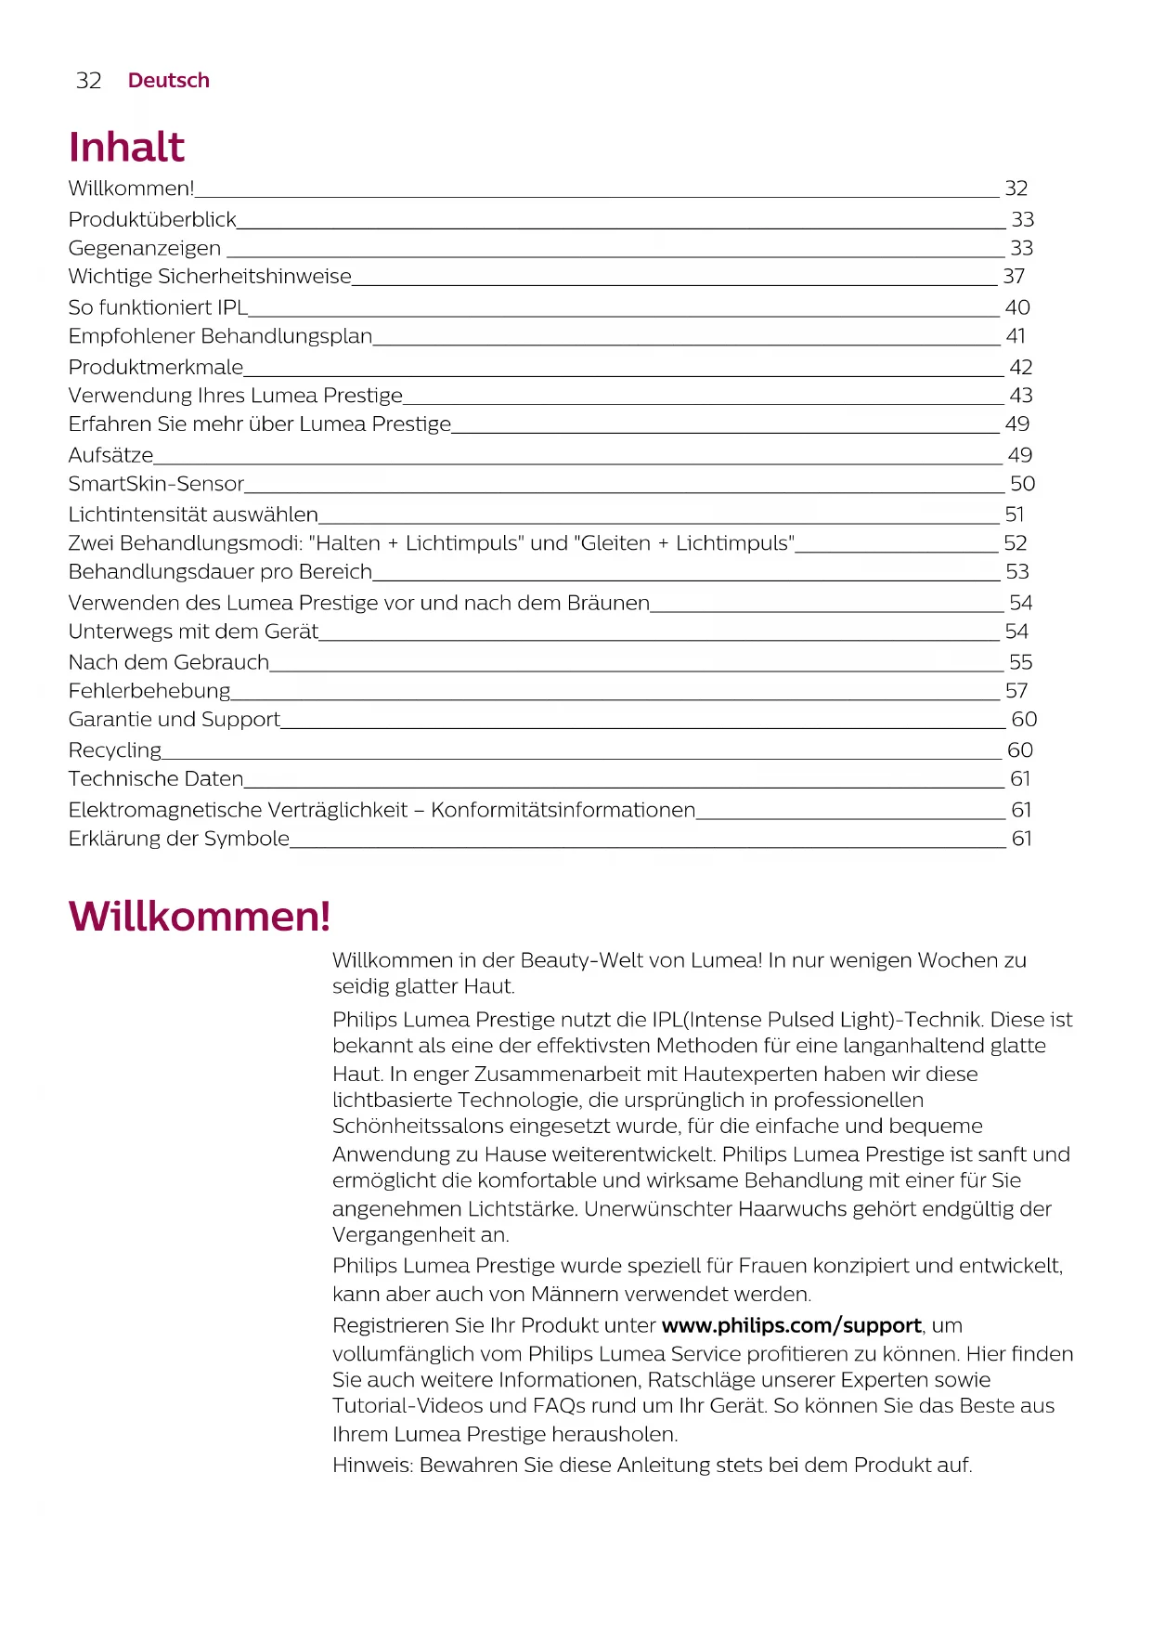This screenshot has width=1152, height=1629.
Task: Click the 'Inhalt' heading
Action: [126, 148]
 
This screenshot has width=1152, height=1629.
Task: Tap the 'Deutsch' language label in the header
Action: [168, 81]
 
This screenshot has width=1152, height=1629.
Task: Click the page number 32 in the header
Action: [88, 81]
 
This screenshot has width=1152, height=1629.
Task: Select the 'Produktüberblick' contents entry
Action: [152, 220]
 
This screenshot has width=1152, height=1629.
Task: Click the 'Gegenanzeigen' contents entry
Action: [145, 249]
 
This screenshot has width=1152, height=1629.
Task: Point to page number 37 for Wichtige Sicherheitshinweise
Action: [1014, 277]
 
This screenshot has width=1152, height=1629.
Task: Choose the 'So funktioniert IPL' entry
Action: [158, 307]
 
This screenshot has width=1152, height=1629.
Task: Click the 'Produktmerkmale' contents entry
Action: [156, 368]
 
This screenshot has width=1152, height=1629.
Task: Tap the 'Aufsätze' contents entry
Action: [110, 455]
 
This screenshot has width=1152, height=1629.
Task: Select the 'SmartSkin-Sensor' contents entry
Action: [156, 484]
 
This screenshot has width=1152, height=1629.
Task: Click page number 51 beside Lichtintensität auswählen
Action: [1014, 515]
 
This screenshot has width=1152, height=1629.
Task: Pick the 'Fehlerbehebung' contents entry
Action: [149, 691]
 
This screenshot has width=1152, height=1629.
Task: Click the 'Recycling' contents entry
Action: [115, 750]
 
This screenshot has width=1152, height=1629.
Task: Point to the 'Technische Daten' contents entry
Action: [156, 779]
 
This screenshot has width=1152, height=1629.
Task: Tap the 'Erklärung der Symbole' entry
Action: [179, 839]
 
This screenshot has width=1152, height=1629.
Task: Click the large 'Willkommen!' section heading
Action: [200, 917]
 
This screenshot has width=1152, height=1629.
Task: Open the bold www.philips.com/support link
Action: [791, 1326]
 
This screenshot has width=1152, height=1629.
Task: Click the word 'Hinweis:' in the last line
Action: [372, 1466]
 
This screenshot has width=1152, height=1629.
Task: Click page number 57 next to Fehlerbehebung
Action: [1016, 691]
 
